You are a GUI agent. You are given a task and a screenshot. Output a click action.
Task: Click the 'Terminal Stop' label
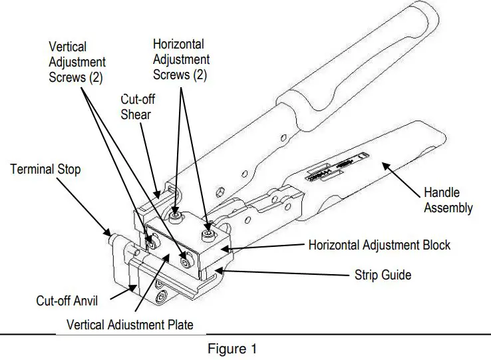tap(45, 170)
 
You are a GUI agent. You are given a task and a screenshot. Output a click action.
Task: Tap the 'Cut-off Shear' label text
tap(136, 106)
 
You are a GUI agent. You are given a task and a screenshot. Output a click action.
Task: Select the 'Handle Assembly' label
tap(448, 200)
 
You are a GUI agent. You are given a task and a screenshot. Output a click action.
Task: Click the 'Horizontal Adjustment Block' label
tap(379, 246)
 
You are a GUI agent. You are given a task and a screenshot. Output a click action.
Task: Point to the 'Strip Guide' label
tap(383, 273)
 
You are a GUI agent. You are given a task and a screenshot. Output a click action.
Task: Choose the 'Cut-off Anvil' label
tap(67, 301)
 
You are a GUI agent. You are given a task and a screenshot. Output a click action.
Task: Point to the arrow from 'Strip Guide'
tap(286, 273)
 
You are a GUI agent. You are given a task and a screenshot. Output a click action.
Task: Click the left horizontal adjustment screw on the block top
tap(175, 217)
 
